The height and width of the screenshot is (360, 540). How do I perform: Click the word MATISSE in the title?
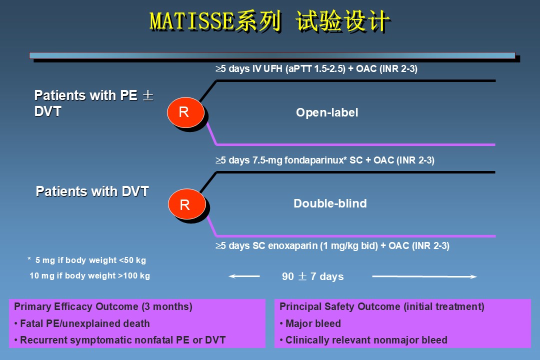191,21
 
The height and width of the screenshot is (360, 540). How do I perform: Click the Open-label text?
327,112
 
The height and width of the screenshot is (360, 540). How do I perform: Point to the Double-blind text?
330,203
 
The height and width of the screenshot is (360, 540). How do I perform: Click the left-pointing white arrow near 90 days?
244,276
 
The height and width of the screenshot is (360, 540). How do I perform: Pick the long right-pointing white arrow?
425,276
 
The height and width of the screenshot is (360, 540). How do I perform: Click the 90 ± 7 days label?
313,276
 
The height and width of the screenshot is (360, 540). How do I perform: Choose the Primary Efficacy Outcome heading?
103,306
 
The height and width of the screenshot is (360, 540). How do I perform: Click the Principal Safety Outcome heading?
382,306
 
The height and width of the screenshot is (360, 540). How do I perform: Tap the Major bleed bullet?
310,323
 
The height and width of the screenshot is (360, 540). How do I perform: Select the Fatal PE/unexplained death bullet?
82,323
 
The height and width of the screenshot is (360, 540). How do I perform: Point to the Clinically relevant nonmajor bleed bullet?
363,340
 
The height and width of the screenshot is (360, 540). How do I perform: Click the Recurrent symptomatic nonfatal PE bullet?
120,340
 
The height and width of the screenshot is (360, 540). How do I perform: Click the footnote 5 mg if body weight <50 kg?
88,260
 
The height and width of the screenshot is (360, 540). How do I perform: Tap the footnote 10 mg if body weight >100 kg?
90,275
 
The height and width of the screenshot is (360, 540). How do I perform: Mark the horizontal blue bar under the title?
272,55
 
